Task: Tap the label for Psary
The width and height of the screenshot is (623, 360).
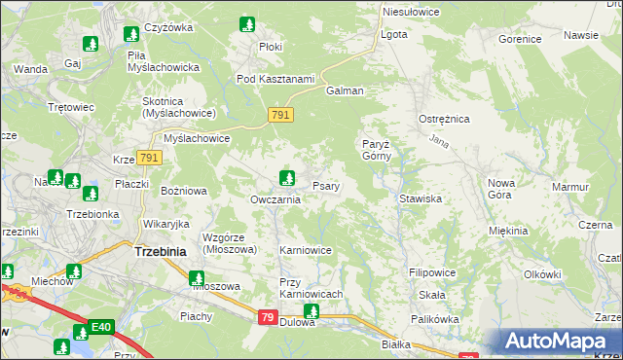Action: pos(325,186)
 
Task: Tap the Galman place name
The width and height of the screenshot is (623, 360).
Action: pos(344,90)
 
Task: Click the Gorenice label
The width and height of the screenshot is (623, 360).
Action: pos(519,40)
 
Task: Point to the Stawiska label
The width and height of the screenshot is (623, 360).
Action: pos(421,198)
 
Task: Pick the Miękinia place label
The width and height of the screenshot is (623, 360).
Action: pos(509,231)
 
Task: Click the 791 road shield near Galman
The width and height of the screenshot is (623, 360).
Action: pos(279,116)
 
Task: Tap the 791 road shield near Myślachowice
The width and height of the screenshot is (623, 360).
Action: pos(149,158)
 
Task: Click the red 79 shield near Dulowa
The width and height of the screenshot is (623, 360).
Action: pos(268,317)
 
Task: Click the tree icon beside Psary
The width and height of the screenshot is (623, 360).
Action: pos(287,177)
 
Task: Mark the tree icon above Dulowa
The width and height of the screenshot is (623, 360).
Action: pos(311,311)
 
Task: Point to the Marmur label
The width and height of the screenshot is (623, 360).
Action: pos(570,186)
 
